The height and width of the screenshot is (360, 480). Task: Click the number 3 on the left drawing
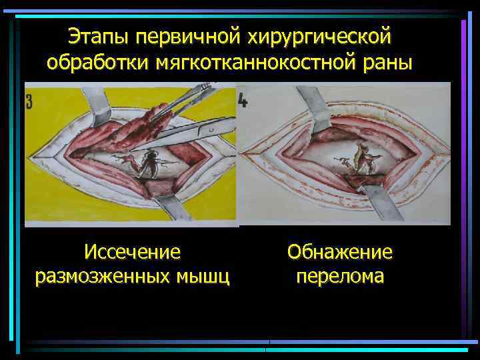click(30, 102)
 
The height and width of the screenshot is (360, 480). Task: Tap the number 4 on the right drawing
click(244, 102)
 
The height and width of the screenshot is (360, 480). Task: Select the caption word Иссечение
click(133, 252)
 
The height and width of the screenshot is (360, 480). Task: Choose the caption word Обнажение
click(339, 252)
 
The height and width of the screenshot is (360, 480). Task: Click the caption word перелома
click(339, 275)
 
